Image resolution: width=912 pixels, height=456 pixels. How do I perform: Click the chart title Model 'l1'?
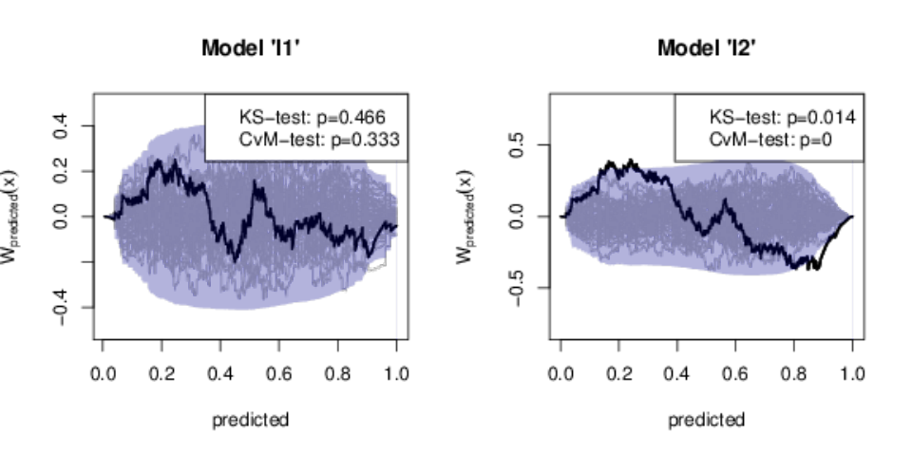251,47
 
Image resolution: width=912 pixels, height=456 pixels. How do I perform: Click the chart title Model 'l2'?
707,47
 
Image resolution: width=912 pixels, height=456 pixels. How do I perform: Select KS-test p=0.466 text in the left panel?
313,118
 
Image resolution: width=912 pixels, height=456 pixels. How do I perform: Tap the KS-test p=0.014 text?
782,118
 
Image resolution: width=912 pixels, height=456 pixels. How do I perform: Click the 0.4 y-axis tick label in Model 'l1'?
60,125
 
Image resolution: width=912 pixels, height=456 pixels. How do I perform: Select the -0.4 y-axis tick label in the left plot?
60,307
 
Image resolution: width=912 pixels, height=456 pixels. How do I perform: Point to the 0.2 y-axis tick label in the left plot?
60,171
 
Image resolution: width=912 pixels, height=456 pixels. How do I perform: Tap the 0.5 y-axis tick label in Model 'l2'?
516,144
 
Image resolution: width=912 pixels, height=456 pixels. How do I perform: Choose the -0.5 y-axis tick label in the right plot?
516,287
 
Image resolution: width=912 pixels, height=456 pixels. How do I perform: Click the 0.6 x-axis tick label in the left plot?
279,373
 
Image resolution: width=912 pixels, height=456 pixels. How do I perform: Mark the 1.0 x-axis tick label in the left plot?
396,373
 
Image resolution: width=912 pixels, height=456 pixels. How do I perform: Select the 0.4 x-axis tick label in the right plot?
677,373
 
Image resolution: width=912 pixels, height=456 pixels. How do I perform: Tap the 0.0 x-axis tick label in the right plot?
560,373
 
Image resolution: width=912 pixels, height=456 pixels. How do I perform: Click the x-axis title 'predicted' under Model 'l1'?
250,420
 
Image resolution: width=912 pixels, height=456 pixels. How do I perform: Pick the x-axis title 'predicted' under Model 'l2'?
706,420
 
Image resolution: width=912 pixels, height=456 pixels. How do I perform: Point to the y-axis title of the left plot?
9,217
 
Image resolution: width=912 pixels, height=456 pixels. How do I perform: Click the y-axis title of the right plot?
465,217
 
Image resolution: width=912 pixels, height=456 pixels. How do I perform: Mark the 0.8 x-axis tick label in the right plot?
794,373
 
